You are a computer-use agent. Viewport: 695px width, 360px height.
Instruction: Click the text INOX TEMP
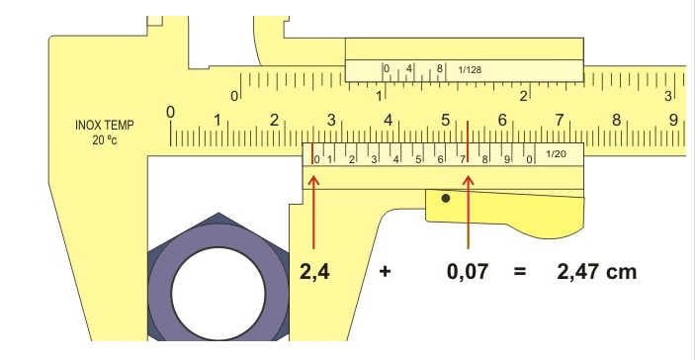[x=104, y=126]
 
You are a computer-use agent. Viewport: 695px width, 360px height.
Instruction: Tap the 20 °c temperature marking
[x=105, y=140]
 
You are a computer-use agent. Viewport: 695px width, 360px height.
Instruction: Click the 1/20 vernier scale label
[x=556, y=154]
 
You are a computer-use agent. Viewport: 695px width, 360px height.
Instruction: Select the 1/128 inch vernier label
[x=470, y=69]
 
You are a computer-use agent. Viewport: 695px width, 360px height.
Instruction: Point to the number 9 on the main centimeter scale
[x=673, y=120]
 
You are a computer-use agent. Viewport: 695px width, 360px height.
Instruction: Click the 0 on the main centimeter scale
[x=171, y=112]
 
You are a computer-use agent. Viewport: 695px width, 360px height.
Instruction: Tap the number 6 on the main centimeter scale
[x=502, y=120]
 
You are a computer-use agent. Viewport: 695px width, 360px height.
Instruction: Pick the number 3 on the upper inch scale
[x=668, y=95]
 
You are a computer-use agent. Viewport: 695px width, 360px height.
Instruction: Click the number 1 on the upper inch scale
[x=379, y=95]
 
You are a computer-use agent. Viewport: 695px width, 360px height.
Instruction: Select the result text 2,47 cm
[x=596, y=272]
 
